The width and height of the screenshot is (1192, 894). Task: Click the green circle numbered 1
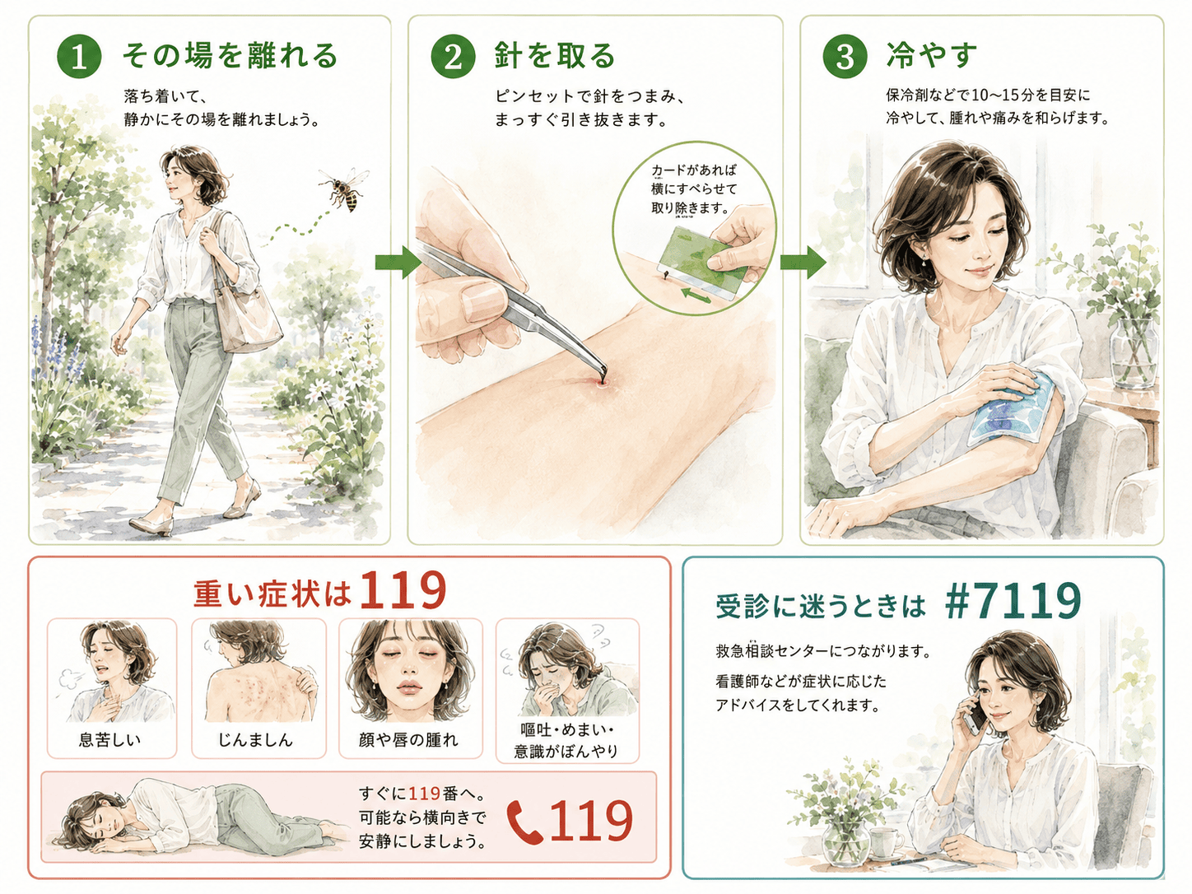tap(79, 57)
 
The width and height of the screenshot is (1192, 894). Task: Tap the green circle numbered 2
tap(453, 57)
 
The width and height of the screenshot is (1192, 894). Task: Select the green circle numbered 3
tap(845, 57)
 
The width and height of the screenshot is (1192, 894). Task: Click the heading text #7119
tap(1013, 602)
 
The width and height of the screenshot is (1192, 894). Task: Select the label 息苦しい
tap(109, 740)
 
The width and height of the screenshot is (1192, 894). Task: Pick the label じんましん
tap(255, 740)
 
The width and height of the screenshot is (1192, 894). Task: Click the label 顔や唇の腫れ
tap(408, 740)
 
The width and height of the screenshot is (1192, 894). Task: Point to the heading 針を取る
tap(555, 56)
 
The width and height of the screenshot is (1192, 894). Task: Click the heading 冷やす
tap(931, 55)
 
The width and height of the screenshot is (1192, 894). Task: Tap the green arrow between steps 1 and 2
tap(398, 263)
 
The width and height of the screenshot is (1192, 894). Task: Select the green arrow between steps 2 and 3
tap(803, 262)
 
